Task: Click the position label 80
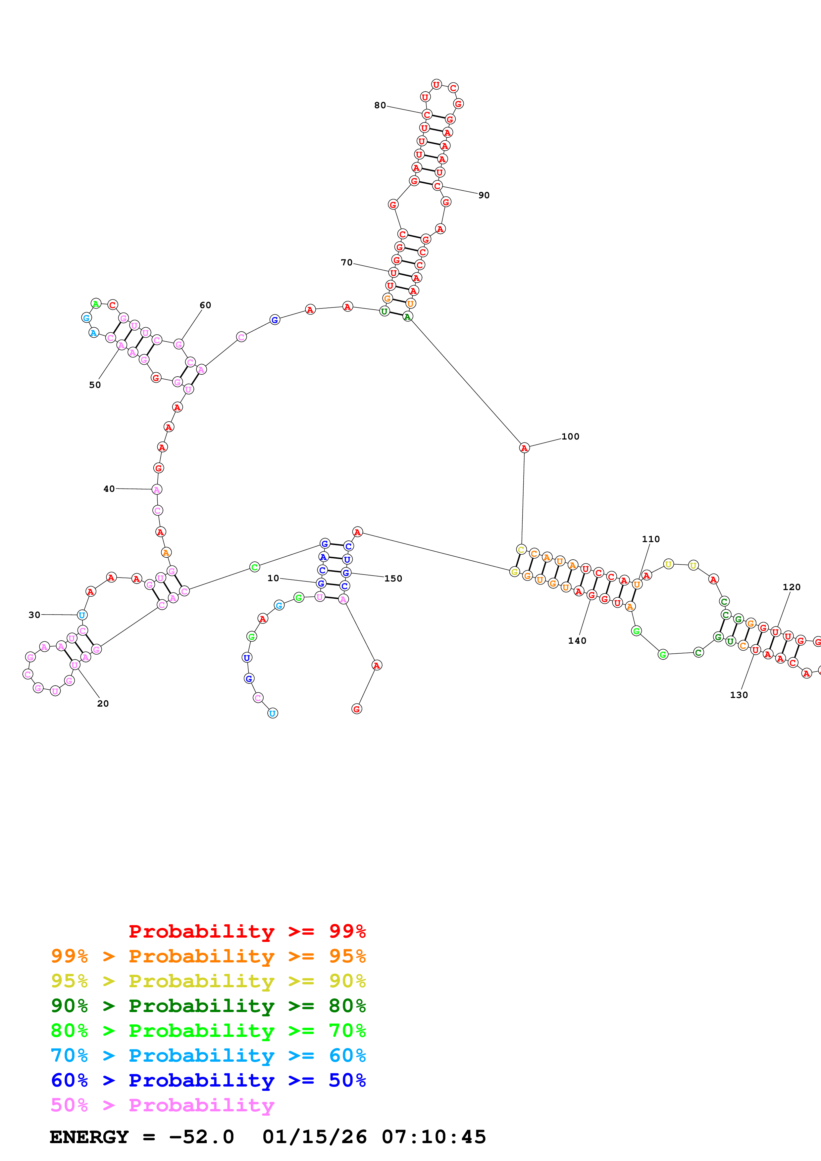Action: pos(380,105)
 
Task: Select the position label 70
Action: pos(346,262)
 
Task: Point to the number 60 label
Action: pos(205,305)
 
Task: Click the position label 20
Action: pos(103,703)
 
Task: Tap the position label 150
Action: pos(393,579)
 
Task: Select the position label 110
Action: pos(650,539)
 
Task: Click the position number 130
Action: pos(739,695)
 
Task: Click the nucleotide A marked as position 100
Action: pos(524,447)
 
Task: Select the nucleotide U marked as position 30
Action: pos(82,615)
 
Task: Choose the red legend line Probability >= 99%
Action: pos(247,931)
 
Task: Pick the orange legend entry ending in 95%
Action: pos(208,956)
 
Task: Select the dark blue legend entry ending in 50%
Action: pos(208,1080)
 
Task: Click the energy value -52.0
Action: pos(201,1137)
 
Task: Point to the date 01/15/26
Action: pos(314,1137)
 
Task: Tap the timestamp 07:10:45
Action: pos(434,1137)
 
